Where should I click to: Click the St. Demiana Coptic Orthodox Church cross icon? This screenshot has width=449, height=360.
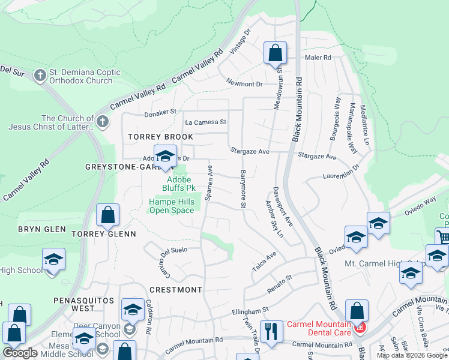point(40,76)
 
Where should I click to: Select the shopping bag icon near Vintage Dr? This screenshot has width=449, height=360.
point(275,53)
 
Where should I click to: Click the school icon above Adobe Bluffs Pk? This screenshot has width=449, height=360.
point(165,157)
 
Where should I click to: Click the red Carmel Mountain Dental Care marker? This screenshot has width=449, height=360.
point(360,327)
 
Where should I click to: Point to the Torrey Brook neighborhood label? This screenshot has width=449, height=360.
point(161,137)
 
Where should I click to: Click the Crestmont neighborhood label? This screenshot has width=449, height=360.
point(175,290)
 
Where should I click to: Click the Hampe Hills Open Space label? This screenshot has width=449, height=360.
point(172,206)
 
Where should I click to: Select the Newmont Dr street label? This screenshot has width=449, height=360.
point(244,83)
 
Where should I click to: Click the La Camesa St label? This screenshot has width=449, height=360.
point(205,122)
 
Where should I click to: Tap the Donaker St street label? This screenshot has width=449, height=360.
point(161,112)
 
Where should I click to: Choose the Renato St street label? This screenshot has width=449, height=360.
point(280,278)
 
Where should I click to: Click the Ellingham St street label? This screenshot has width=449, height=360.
point(250,311)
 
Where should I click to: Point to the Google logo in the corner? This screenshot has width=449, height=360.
point(20,353)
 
